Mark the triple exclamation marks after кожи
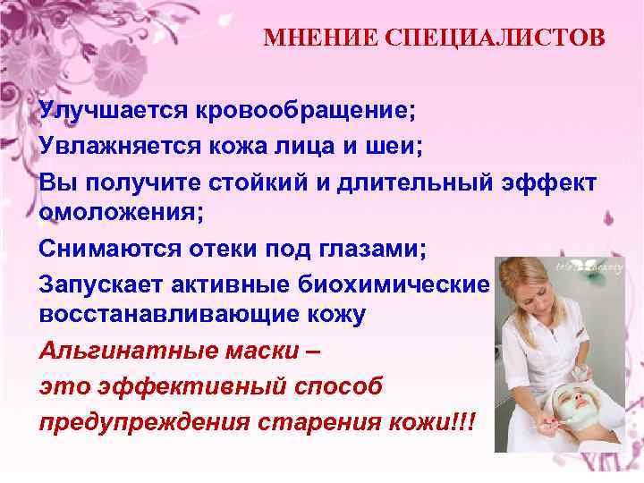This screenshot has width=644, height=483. tap(464, 420)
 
